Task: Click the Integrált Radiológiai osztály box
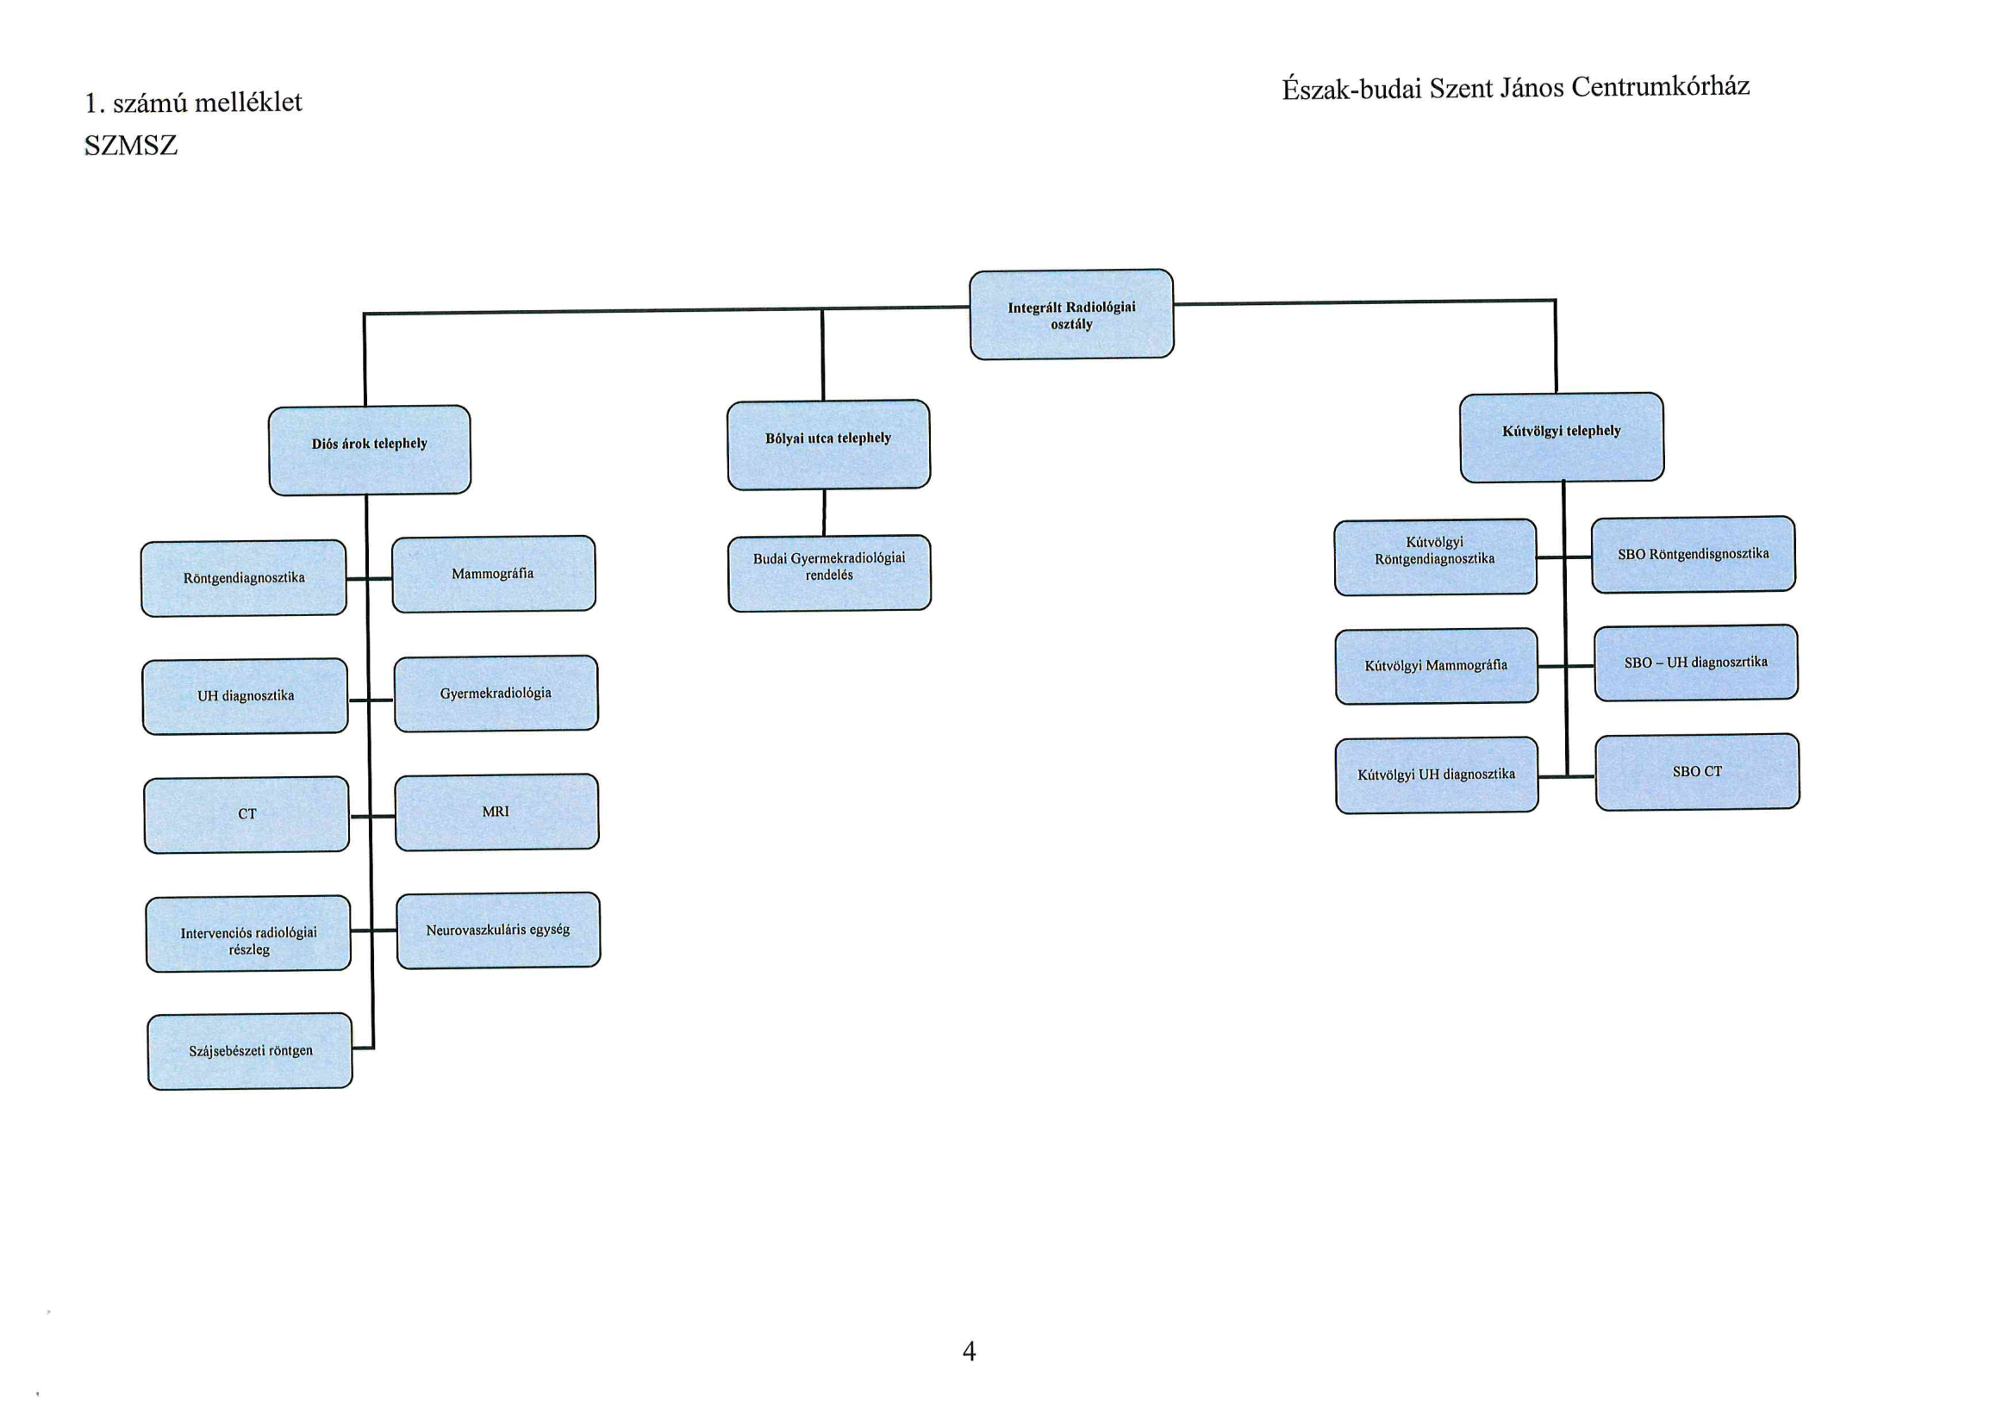1071,314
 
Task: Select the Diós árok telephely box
370,450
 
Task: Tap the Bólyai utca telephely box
828,445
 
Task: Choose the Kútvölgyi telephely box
1562,438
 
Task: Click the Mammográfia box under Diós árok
493,574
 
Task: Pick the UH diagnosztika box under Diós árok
245,697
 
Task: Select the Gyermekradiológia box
496,694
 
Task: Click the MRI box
496,812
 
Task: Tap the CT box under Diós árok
246,815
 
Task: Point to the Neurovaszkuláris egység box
498,931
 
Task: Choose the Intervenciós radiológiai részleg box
248,934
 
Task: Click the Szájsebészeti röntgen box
250,1051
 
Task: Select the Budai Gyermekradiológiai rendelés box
829,574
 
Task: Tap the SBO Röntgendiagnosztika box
1693,555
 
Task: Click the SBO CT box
1697,772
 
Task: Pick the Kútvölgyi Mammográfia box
1437,666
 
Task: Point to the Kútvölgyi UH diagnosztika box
1437,775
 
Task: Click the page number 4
969,1351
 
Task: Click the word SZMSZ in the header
131,146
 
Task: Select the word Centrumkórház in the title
1661,86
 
